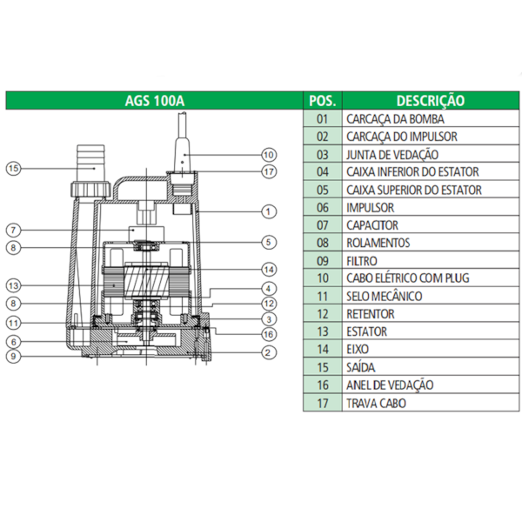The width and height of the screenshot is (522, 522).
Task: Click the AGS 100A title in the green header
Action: pyautogui.click(x=155, y=101)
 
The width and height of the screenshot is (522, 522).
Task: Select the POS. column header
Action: pyautogui.click(x=324, y=101)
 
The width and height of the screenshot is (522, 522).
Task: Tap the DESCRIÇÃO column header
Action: pyautogui.click(x=430, y=101)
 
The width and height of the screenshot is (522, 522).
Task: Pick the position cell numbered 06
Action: pyautogui.click(x=324, y=207)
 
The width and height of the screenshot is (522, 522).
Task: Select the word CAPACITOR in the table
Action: pyautogui.click(x=372, y=225)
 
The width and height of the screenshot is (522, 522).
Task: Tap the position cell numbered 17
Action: pyautogui.click(x=324, y=403)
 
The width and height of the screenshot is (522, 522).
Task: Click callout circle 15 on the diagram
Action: pyautogui.click(x=13, y=169)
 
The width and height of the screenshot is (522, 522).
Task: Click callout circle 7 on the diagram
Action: pyautogui.click(x=13, y=230)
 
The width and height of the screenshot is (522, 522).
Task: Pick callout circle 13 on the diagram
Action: pyautogui.click(x=13, y=284)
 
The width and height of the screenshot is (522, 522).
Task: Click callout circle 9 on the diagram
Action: pyautogui.click(x=13, y=355)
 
